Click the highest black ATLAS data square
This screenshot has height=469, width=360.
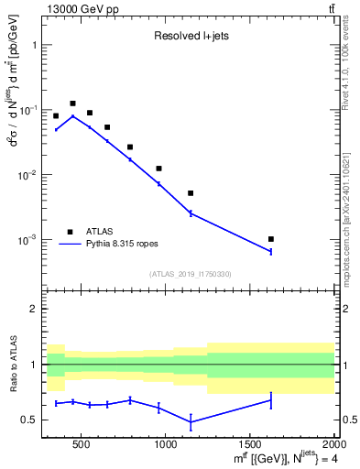(x=72, y=104)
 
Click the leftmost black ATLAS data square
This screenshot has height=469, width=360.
(x=56, y=116)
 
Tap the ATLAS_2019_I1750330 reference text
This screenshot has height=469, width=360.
(x=189, y=274)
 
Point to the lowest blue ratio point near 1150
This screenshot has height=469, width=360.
(x=191, y=421)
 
